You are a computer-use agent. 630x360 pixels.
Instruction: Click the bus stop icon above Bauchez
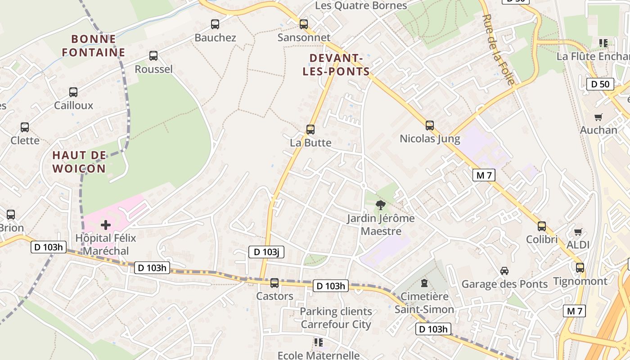(215, 24)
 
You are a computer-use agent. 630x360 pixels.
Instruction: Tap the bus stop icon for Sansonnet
(304, 24)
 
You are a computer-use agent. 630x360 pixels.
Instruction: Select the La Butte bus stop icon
(310, 130)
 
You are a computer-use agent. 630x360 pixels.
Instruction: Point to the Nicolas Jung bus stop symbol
(430, 126)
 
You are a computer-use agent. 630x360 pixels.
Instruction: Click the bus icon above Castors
(274, 283)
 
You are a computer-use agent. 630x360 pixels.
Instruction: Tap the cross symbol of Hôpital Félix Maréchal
(106, 225)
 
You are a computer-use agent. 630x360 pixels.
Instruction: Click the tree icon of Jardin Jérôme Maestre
(380, 206)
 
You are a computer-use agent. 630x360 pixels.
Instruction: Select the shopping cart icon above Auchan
(598, 117)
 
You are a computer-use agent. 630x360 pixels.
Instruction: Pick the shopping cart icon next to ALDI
(578, 232)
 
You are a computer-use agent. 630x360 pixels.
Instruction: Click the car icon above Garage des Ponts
(504, 271)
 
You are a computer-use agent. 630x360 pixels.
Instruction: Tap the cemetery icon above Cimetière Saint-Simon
(424, 283)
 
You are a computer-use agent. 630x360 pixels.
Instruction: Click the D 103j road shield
(266, 252)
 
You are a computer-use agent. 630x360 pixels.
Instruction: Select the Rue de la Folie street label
(498, 49)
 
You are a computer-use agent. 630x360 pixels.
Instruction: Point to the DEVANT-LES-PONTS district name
(336, 65)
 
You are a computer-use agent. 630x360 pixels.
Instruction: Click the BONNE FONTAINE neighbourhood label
(94, 46)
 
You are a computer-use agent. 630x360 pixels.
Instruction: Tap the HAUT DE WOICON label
(79, 162)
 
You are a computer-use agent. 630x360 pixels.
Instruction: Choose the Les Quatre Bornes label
(361, 5)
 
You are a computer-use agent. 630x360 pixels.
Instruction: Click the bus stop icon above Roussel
(153, 56)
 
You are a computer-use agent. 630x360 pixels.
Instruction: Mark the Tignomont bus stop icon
(580, 268)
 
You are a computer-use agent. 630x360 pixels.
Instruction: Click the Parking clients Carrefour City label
(336, 318)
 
